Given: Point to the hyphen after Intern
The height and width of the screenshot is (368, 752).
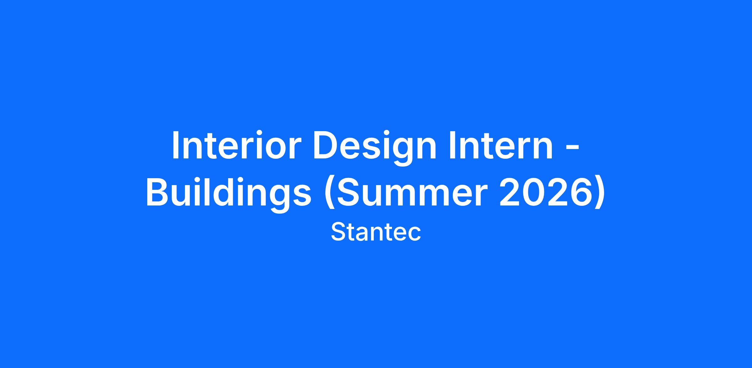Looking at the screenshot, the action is [x=573, y=150].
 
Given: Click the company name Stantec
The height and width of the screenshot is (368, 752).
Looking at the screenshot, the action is [x=376, y=232].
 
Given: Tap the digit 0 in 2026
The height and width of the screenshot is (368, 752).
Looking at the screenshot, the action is [x=533, y=192].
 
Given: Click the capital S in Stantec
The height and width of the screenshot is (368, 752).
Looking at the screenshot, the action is [x=338, y=232].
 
